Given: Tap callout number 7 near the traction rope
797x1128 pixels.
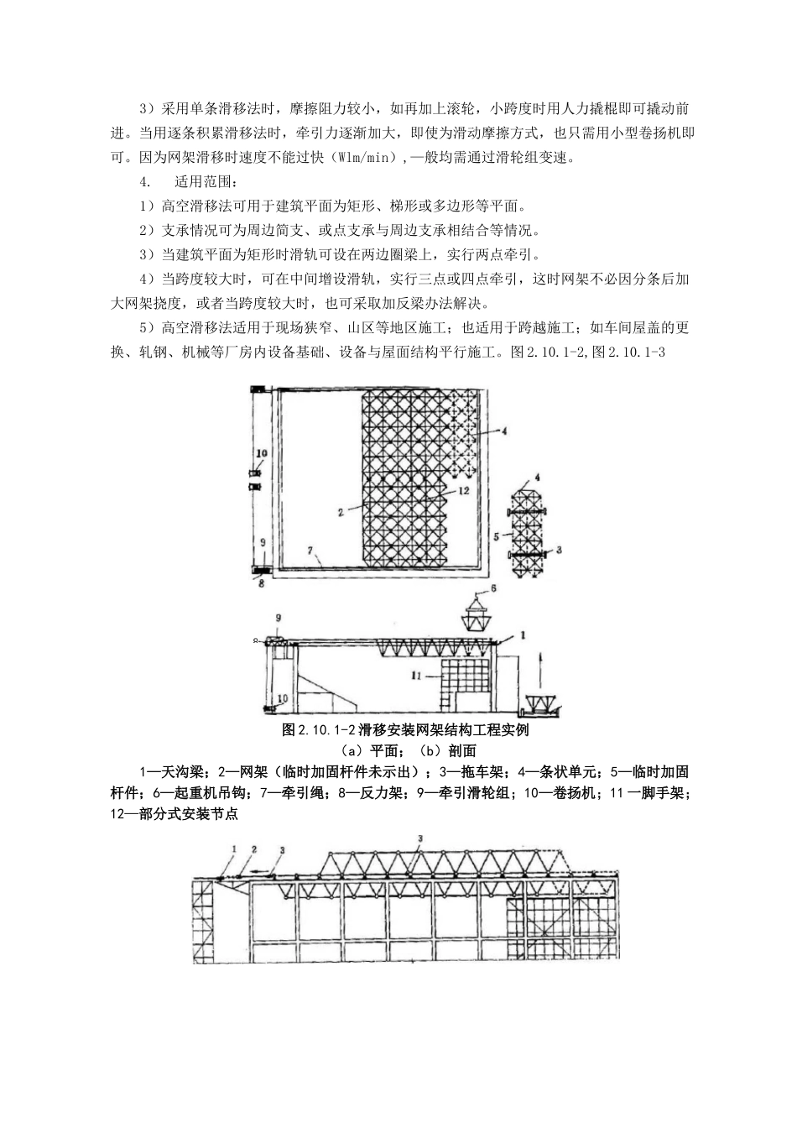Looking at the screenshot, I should point(310,551).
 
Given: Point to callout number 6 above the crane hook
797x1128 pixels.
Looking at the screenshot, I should point(493,589).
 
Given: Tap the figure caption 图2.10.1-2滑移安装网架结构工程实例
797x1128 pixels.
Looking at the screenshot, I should point(406,730).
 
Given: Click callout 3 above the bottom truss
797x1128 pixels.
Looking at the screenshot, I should point(419,838).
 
